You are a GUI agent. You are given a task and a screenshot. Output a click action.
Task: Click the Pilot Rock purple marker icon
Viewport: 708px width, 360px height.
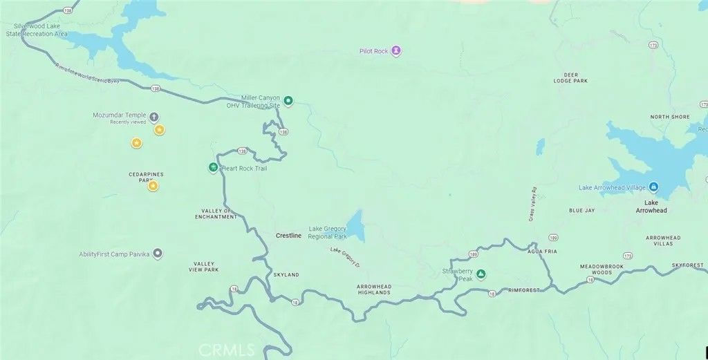tap(395, 50)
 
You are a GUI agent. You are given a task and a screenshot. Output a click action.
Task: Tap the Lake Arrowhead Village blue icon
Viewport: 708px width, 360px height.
tap(654, 187)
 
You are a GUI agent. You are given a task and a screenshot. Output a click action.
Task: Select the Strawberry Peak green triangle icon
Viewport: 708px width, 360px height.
tap(481, 274)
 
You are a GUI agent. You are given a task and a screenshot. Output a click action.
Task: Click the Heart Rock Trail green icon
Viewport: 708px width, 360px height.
tap(214, 167)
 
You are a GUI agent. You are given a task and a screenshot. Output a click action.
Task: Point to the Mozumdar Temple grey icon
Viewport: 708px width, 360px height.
tap(154, 117)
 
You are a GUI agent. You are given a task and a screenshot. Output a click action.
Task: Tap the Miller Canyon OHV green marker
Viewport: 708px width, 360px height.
tap(289, 101)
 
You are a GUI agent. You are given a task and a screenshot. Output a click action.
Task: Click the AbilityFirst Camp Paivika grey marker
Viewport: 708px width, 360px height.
tap(158, 254)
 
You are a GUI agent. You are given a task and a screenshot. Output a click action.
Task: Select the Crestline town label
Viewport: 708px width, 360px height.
tap(288, 236)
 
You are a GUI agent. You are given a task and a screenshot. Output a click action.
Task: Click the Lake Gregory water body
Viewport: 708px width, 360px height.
tap(355, 225)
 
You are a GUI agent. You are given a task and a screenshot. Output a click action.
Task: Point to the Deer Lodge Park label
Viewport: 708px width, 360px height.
tap(570, 77)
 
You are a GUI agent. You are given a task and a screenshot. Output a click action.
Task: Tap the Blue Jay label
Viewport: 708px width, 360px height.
tap(581, 210)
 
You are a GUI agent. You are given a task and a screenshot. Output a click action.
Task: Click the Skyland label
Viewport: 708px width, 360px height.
tap(286, 275)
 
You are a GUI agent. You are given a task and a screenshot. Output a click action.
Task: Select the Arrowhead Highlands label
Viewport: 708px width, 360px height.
tap(374, 289)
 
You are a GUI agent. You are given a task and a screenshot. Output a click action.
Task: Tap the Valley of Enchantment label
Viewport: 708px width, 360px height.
tap(219, 214)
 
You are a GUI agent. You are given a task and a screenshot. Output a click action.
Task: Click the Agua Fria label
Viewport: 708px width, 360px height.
tap(541, 252)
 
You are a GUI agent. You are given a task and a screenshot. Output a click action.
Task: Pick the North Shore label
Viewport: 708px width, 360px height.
tap(670, 117)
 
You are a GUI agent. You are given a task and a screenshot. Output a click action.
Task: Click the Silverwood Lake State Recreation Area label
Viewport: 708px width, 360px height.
tap(36, 30)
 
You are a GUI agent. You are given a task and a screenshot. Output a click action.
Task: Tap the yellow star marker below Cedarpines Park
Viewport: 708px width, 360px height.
tap(153, 186)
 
